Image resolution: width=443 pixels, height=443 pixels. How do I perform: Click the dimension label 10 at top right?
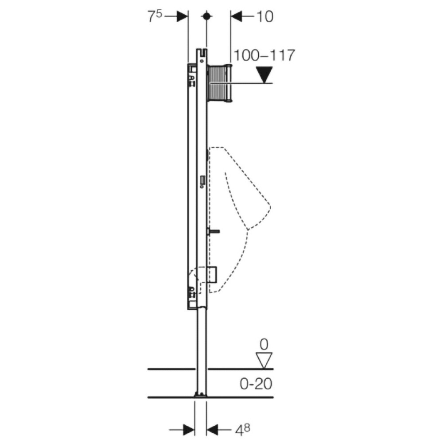click(264, 17)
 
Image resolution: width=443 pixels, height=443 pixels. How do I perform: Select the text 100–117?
click(264, 55)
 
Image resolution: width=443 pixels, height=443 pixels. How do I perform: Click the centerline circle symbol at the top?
click(206, 16)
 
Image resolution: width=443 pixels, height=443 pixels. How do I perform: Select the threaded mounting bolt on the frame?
click(213, 230)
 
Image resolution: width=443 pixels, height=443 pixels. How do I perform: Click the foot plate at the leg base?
click(200, 394)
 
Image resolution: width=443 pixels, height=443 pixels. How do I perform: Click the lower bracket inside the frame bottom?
click(192, 292)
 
